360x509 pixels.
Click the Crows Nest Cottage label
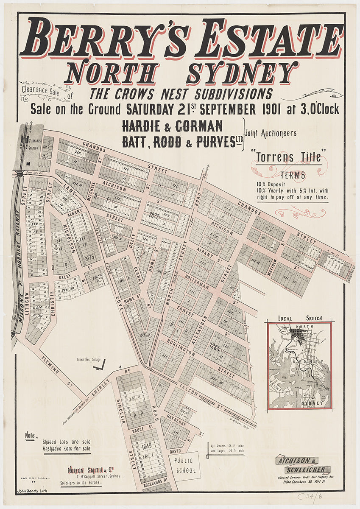[89, 360]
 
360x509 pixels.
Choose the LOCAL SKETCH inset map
[299, 365]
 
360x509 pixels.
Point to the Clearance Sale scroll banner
[41, 90]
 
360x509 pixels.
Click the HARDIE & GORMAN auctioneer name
[172, 126]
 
